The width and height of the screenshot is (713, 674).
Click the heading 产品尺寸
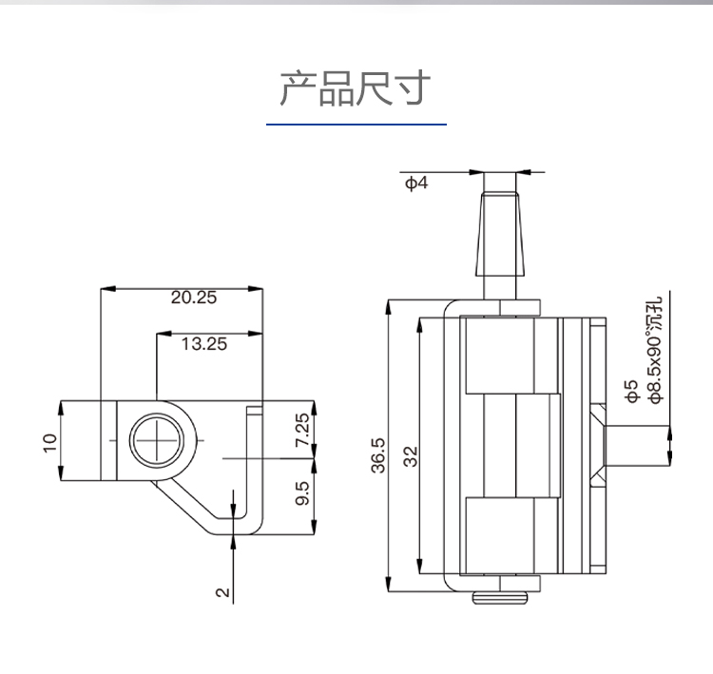356,88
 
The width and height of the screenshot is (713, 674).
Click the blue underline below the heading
356,125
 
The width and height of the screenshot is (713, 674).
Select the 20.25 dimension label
194,297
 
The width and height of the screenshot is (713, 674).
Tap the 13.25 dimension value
204,344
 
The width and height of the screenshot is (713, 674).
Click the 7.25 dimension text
301,431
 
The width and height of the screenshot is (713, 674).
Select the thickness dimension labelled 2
222,591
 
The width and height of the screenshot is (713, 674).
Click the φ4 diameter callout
416,183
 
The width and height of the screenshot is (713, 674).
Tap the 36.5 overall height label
377,454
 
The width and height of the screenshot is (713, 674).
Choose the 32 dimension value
411,456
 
